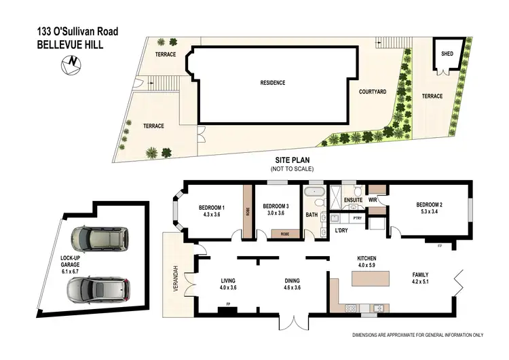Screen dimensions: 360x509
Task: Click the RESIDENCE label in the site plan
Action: coord(272,83)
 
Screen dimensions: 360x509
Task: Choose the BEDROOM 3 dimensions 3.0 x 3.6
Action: coord(276,213)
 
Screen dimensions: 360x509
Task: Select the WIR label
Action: coord(373,200)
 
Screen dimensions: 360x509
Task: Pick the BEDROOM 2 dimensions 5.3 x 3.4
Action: coord(430,212)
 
